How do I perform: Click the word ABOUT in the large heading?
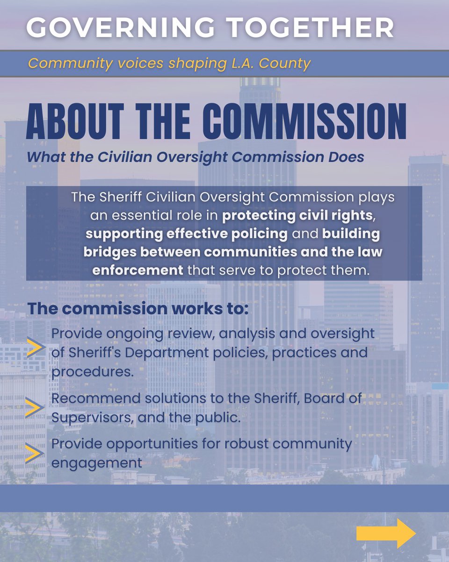click(75, 123)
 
